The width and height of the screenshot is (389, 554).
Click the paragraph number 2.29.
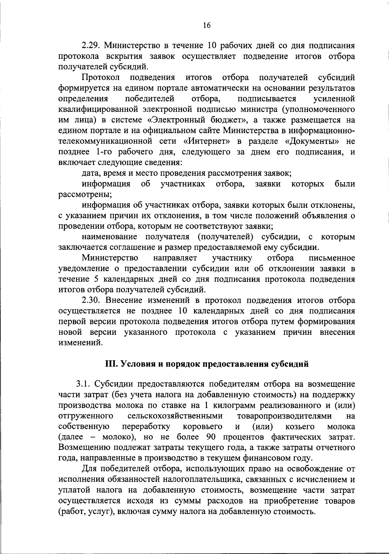pos(90,45)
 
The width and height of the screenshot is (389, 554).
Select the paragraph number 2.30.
pos(90,300)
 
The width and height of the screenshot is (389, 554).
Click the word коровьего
pos(203,426)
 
